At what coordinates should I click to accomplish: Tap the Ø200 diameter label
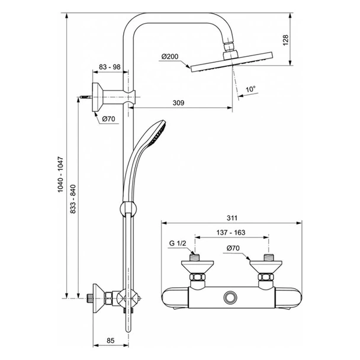click(169, 57)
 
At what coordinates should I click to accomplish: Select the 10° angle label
click(252, 89)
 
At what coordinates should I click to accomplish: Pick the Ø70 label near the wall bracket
click(108, 118)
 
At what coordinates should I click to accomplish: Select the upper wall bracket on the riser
click(118, 93)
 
